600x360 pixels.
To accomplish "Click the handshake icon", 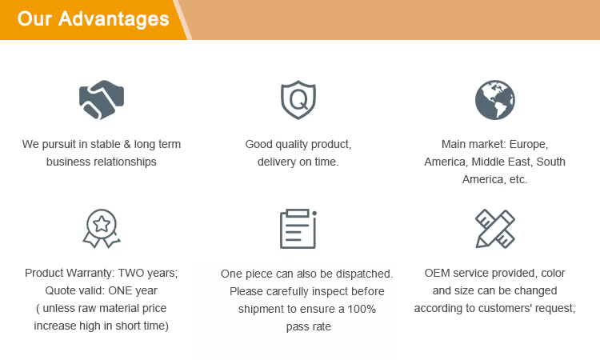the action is tap(102, 99).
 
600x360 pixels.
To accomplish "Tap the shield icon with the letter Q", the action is tap(298, 99).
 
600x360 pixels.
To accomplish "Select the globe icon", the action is tap(494, 100).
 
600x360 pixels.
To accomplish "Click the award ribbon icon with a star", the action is tap(102, 228).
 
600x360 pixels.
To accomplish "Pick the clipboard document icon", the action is tap(298, 229).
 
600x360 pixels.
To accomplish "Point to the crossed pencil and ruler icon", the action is tap(495, 228).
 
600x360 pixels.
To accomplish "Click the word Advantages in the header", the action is tap(114, 18).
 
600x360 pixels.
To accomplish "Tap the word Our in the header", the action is tap(34, 18).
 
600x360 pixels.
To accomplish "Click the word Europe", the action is tap(529, 145).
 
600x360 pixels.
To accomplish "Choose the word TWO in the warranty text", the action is tap(131, 273).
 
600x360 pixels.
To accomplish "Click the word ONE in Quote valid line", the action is tap(120, 290).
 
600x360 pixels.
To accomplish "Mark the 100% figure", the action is tap(362, 309).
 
